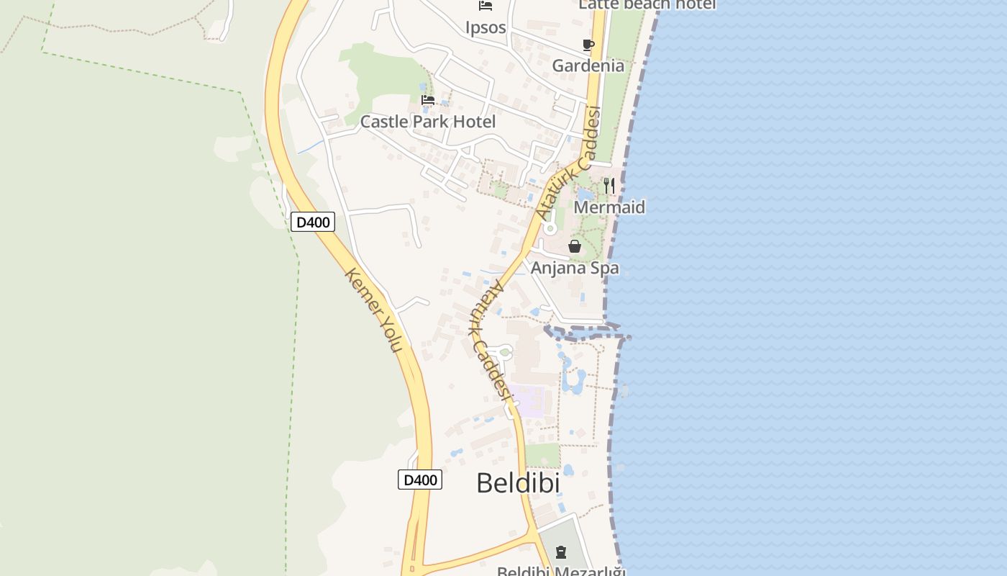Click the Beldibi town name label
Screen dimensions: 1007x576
click(x=518, y=483)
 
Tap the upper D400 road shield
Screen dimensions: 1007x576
click(x=313, y=222)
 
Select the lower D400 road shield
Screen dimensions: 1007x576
click(x=420, y=480)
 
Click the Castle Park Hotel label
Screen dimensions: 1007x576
click(x=427, y=122)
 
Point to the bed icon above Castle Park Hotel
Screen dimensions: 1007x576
click(x=428, y=100)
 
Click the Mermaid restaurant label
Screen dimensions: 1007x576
click(x=609, y=207)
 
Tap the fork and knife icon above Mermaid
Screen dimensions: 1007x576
click(x=609, y=186)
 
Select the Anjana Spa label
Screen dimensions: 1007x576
click(x=575, y=269)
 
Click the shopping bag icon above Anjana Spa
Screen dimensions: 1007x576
click(x=575, y=247)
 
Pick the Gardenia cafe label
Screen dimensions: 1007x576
click(x=588, y=66)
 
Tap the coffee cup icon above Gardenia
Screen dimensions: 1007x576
click(x=588, y=45)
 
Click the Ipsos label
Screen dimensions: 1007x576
click(x=486, y=28)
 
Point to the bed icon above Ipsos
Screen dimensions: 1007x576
click(x=486, y=6)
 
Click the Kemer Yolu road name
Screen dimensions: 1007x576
click(x=373, y=310)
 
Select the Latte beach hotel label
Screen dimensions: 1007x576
click(x=647, y=4)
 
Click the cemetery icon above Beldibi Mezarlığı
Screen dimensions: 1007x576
click(x=561, y=553)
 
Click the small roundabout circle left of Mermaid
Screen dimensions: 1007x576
click(x=550, y=229)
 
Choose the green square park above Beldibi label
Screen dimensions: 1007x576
click(x=542, y=455)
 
